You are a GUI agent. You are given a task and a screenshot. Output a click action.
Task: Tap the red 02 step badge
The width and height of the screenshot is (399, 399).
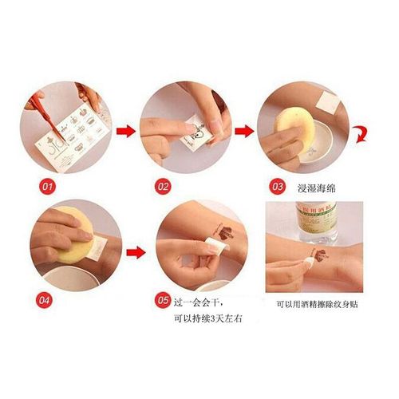(x=164, y=187)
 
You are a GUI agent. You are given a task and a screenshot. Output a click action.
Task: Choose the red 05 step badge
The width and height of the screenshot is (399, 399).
(x=163, y=301)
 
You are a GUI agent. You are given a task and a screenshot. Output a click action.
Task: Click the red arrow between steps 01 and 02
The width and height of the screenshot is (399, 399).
(x=124, y=129)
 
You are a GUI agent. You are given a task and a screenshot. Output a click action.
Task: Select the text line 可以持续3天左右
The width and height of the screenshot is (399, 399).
(x=203, y=319)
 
